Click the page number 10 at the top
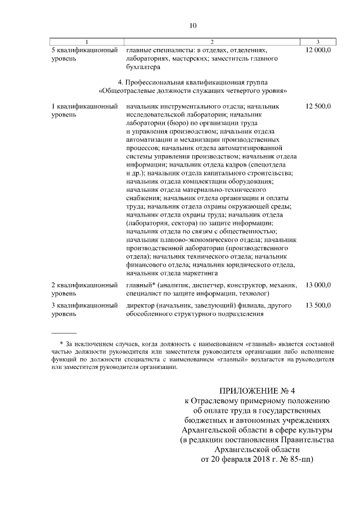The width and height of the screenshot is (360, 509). [192, 25]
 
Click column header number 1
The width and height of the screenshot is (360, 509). [87, 42]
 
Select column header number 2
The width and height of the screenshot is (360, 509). [211, 42]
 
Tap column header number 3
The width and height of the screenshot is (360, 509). [318, 42]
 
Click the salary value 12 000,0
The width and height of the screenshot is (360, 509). [318, 51]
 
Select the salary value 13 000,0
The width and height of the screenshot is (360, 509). [318, 285]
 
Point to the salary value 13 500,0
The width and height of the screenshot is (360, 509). [318, 305]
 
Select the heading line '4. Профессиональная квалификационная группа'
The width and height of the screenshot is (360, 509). [193, 82]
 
